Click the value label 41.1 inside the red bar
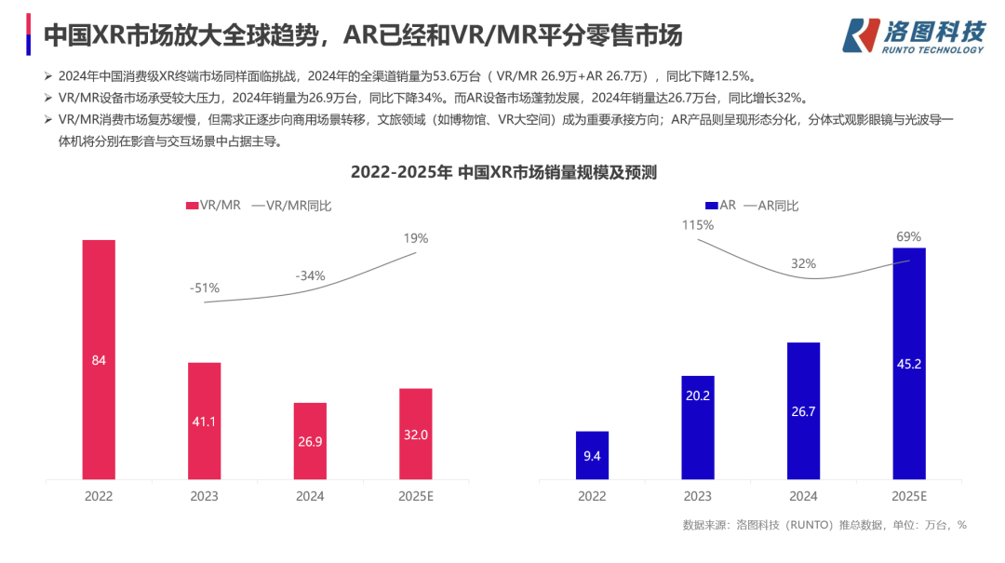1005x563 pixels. [205, 422]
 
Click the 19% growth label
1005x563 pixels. [416, 238]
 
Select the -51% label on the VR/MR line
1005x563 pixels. [205, 288]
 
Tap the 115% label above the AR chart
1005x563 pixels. [697, 225]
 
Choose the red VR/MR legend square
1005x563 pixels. [192, 206]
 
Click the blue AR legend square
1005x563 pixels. [711, 206]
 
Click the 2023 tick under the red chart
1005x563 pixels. [205, 496]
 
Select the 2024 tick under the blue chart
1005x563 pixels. [803, 496]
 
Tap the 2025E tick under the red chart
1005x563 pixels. [416, 496]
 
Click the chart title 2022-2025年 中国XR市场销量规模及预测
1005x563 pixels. [503, 172]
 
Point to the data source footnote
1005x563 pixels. [824, 525]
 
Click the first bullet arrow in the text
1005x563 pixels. [47, 75]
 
